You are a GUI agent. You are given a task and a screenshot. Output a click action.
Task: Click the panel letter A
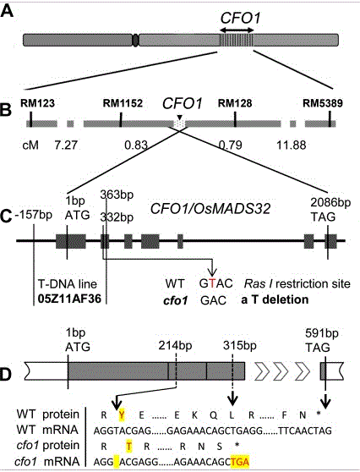tap(8, 11)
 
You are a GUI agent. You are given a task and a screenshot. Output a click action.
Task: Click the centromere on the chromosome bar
tap(135, 40)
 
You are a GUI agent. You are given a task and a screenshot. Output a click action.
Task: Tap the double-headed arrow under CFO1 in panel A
tap(237, 30)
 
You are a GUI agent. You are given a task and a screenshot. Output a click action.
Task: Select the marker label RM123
tap(37, 103)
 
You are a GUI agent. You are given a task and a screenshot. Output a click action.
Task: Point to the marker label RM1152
tap(123, 103)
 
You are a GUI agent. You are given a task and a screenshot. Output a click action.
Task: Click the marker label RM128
tap(235, 103)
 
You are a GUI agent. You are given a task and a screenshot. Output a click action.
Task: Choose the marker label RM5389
tap(323, 103)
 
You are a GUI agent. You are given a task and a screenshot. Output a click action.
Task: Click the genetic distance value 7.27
tap(66, 145)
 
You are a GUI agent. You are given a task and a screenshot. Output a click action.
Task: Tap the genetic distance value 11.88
tap(292, 145)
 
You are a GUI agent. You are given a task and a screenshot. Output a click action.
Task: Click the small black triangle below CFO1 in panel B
tap(179, 117)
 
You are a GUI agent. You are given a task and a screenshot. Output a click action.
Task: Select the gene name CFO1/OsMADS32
tap(210, 209)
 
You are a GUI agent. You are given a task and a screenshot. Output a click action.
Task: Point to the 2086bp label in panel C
tap(330, 202)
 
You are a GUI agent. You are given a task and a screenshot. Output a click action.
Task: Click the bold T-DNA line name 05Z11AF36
tap(69, 299)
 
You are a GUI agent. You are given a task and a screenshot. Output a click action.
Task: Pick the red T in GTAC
tap(213, 283)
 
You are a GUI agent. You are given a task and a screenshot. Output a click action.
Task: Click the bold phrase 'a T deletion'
tap(275, 299)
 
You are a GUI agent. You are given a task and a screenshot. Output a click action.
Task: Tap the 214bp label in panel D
tap(175, 345)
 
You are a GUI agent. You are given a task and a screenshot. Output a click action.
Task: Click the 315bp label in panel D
tap(240, 345)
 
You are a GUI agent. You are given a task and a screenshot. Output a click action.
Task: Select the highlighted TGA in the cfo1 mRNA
tap(240, 462)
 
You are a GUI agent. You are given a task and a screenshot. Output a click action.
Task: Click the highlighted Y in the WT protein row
tap(122, 415)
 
